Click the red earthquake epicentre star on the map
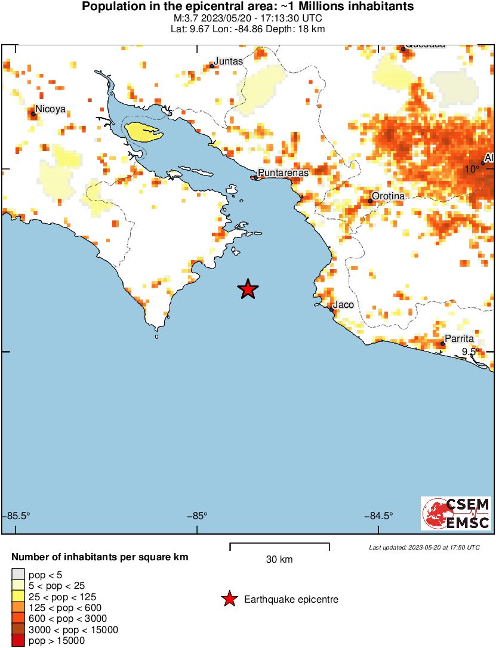pos(248,289)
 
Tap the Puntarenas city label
pos(282,172)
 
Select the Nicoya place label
pos(50,109)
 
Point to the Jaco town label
pos(343,304)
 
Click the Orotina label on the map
pos(388,196)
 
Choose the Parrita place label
pos(459,338)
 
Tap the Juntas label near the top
pos(229,61)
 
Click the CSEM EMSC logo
pos(456,513)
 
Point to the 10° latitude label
pos(473,169)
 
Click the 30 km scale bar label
pos(279,559)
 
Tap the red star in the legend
pos(229,599)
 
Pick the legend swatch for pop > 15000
pos(18,641)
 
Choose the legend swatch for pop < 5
pos(18,574)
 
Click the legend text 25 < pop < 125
pos(62,596)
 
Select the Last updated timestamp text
pos(424,547)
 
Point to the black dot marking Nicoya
pos(33,113)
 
